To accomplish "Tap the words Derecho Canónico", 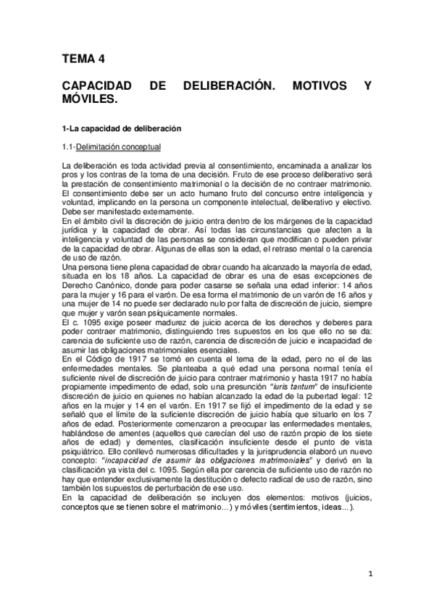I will (x=90, y=286).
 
